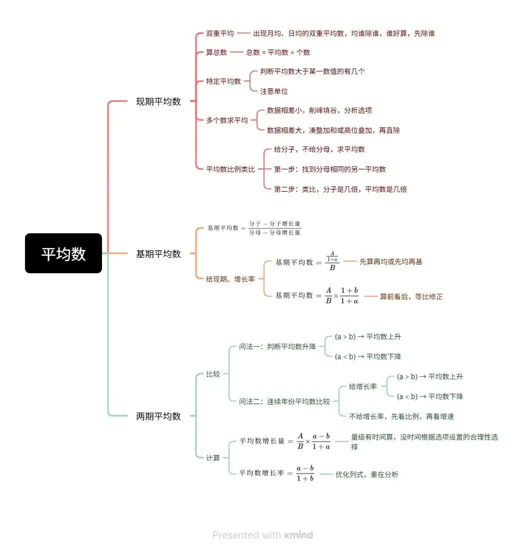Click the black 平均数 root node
point(63,253)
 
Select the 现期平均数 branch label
point(158,101)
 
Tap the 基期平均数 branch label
point(158,254)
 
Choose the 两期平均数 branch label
point(158,416)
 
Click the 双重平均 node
point(220,33)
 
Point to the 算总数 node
point(216,52)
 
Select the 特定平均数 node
point(223,81)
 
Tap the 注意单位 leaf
point(274,91)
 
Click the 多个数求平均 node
point(227,120)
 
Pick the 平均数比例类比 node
point(230,169)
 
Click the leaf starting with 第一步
point(330,169)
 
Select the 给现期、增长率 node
point(230,279)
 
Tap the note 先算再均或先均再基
point(391,261)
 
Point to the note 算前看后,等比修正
point(411,296)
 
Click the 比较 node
point(213,374)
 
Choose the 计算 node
point(213,458)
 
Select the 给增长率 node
point(363,386)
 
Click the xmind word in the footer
point(298,535)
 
